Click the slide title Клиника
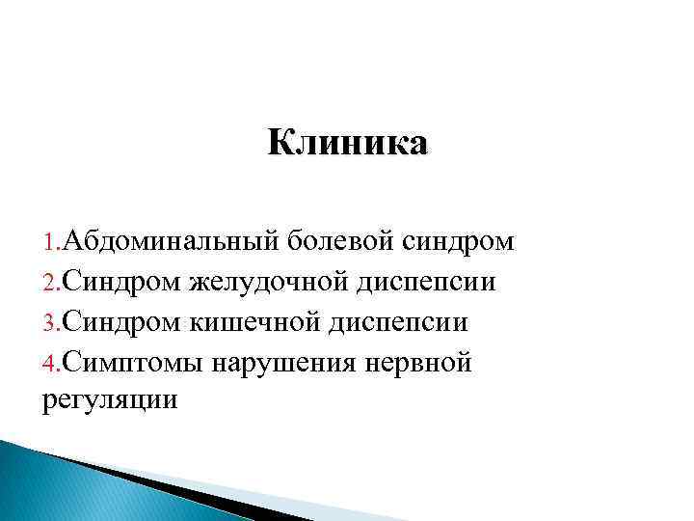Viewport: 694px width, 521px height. pos(347,144)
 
